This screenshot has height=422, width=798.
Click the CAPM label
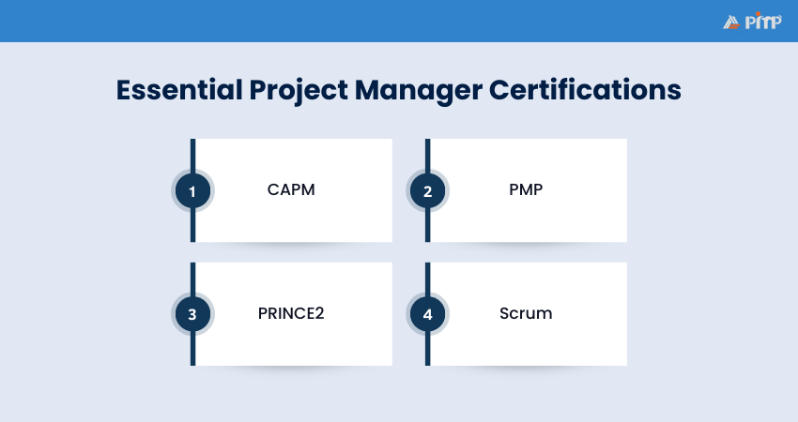click(x=291, y=190)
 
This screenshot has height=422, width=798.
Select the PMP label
click(x=526, y=190)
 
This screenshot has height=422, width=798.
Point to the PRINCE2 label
click(x=291, y=313)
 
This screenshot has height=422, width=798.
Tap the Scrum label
click(x=526, y=313)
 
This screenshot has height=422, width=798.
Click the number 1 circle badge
click(x=192, y=191)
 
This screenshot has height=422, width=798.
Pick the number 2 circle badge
click(x=427, y=191)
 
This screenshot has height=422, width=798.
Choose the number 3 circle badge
click(x=192, y=314)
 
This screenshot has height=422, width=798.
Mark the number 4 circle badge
click(x=427, y=314)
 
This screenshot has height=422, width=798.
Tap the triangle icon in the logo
click(x=732, y=22)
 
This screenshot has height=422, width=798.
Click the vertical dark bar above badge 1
click(x=193, y=154)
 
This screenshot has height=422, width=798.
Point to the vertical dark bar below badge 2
click(x=428, y=227)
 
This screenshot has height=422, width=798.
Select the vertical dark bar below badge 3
click(x=193, y=350)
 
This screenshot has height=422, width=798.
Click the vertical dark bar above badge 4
click(x=428, y=277)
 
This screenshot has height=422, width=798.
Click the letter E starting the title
click(x=124, y=91)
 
